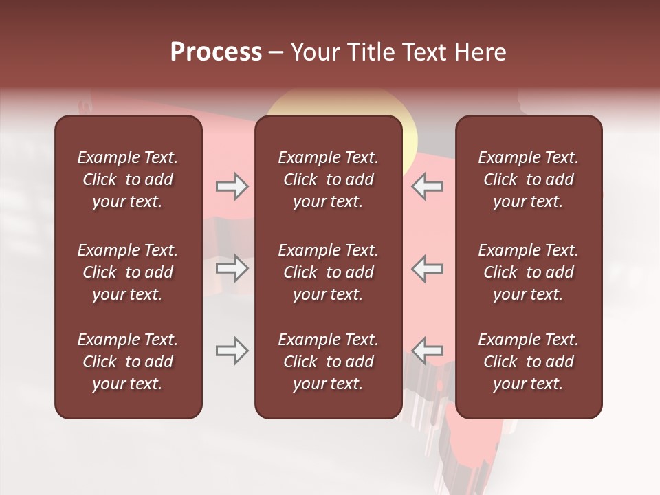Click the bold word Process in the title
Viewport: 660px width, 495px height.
(x=216, y=52)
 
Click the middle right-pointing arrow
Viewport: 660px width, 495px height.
(x=232, y=268)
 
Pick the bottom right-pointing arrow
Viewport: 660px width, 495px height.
(x=232, y=351)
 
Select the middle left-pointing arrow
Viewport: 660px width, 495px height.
(x=428, y=268)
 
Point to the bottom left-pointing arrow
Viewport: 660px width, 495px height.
(x=428, y=351)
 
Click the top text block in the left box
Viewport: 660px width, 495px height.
(x=128, y=179)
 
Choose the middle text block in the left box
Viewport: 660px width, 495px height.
(x=128, y=272)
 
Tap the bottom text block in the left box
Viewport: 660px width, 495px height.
(x=128, y=362)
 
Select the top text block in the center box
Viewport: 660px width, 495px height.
(x=328, y=179)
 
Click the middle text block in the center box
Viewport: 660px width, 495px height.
(x=328, y=272)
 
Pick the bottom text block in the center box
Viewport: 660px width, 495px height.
(x=328, y=362)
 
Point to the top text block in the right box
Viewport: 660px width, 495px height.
(x=528, y=179)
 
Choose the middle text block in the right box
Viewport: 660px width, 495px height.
(x=528, y=272)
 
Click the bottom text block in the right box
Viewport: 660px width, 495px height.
(x=528, y=362)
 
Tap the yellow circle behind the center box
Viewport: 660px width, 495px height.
(x=410, y=134)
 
